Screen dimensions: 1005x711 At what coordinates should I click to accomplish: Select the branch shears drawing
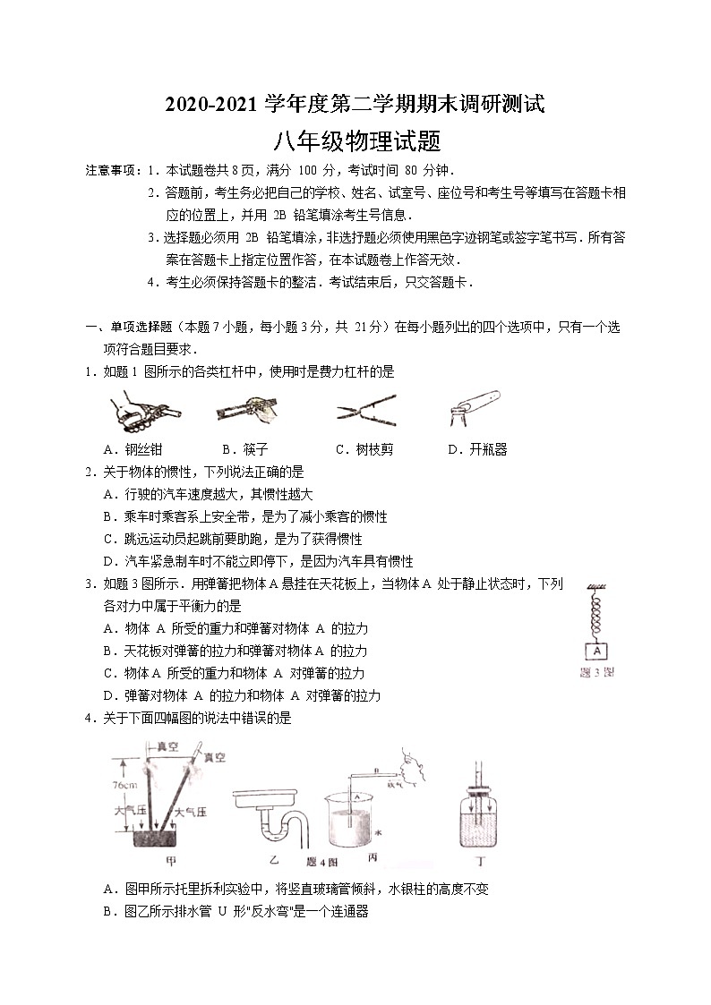[365, 411]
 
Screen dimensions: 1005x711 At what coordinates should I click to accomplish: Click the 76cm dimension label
[125, 785]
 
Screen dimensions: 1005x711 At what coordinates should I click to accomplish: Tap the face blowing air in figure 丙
[414, 763]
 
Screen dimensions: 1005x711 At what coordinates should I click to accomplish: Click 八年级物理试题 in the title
[355, 141]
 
